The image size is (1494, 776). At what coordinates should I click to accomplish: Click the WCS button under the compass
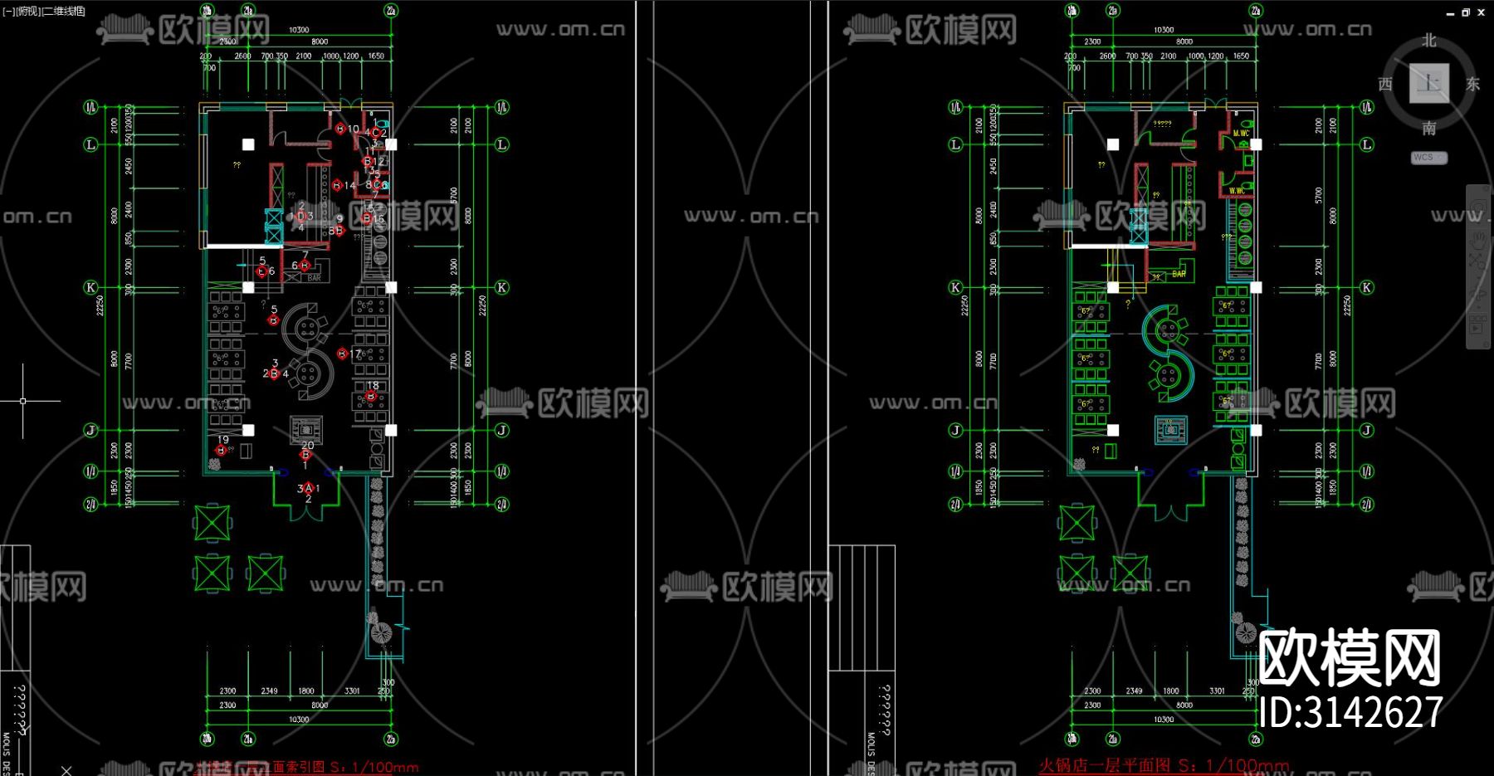click(x=1428, y=158)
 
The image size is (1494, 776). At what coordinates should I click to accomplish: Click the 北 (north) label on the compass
click(x=1428, y=41)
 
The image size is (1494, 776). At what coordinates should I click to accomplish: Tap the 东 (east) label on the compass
click(x=1472, y=84)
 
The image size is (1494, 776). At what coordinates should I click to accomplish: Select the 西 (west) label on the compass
click(x=1385, y=84)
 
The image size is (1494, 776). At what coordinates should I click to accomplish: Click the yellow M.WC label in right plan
click(x=1241, y=134)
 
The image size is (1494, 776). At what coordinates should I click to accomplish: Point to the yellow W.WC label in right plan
click(x=1237, y=191)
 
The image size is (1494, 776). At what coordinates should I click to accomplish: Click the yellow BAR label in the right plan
click(x=1179, y=273)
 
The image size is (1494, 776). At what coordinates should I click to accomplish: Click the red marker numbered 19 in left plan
click(x=221, y=450)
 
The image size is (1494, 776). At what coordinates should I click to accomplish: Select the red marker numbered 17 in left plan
click(x=342, y=354)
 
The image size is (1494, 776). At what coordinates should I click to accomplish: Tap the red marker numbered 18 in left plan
click(x=371, y=396)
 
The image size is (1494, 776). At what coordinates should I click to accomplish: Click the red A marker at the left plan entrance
click(x=308, y=488)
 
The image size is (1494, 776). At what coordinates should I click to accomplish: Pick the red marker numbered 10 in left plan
click(x=340, y=129)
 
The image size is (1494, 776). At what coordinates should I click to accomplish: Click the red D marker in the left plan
click(x=301, y=216)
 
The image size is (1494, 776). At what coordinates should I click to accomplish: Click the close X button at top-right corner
click(x=1482, y=12)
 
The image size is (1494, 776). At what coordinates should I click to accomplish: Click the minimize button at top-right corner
click(x=1450, y=13)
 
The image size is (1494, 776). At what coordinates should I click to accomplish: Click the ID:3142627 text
click(x=1350, y=712)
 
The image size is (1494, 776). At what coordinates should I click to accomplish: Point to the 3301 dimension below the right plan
click(x=1217, y=691)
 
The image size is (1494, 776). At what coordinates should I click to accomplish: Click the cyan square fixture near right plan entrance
click(x=1171, y=429)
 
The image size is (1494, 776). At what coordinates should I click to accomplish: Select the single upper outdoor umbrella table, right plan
click(x=1077, y=523)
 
